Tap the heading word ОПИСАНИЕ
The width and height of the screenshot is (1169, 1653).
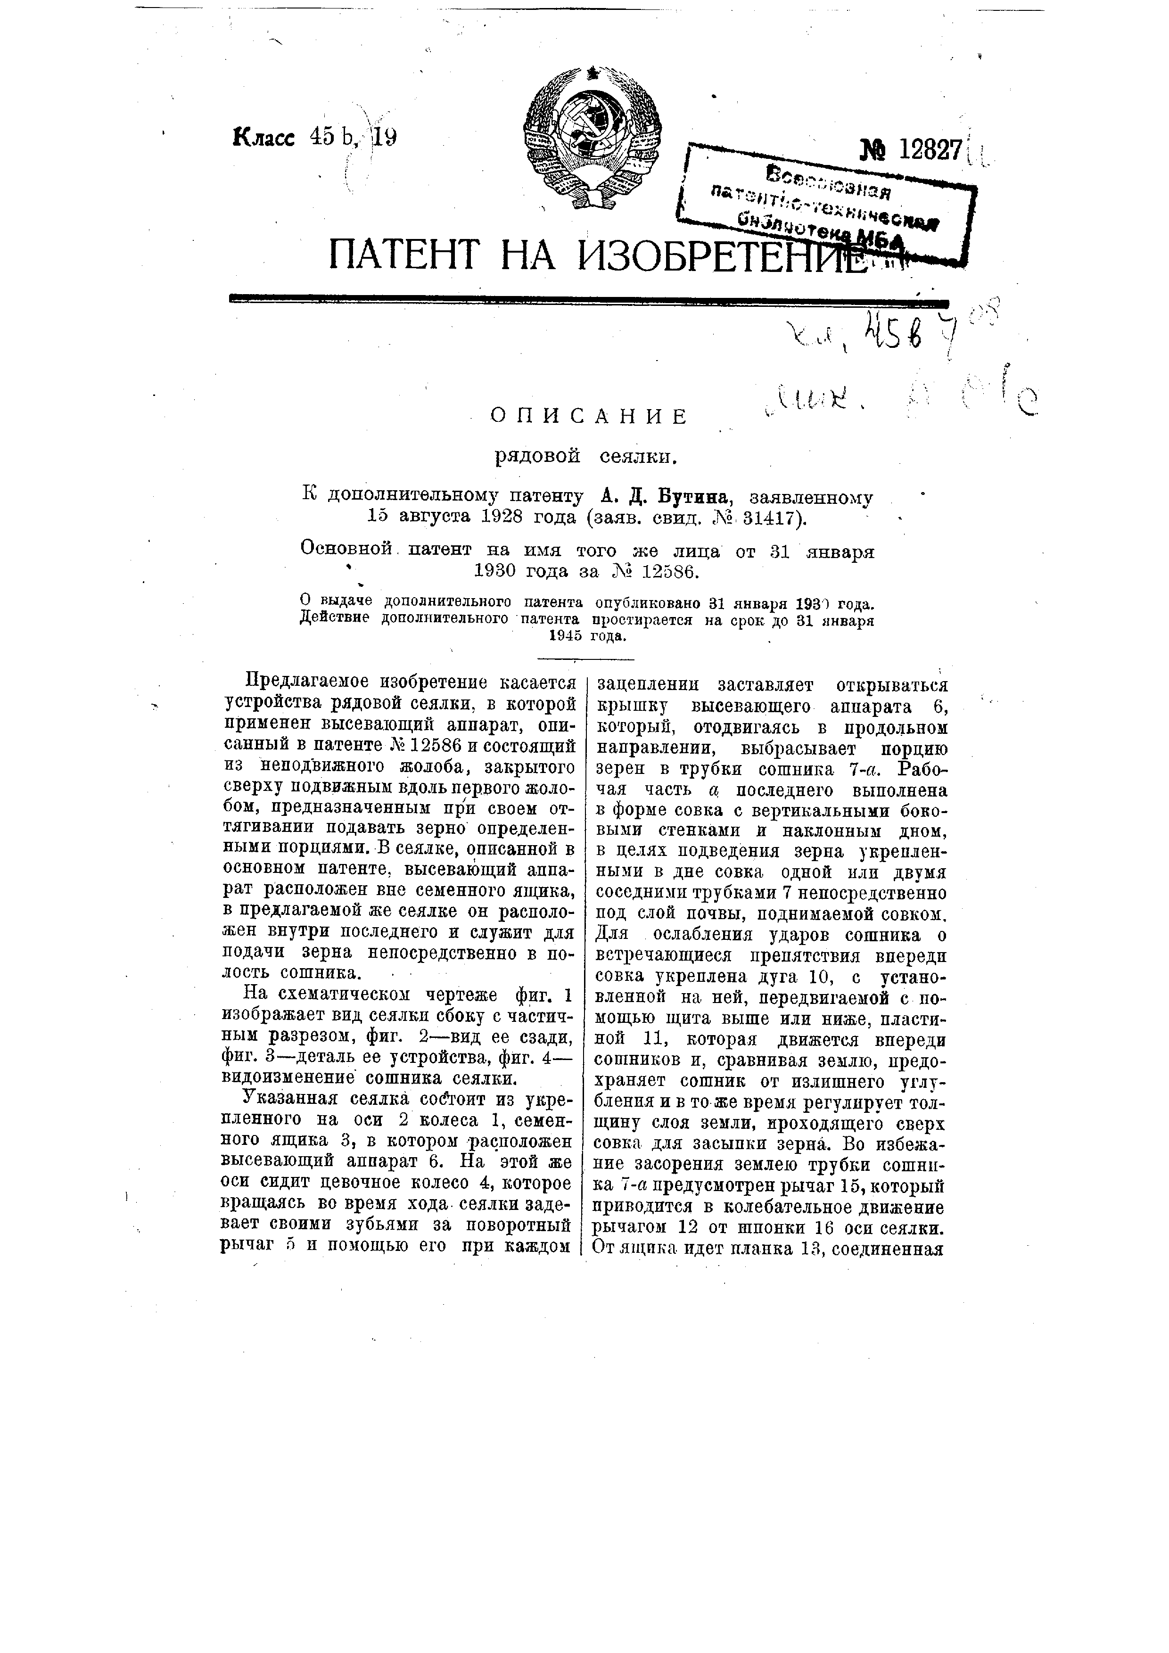pos(589,416)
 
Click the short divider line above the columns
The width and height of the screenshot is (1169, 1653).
pos(587,659)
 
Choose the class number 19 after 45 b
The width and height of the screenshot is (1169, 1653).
pos(383,137)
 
